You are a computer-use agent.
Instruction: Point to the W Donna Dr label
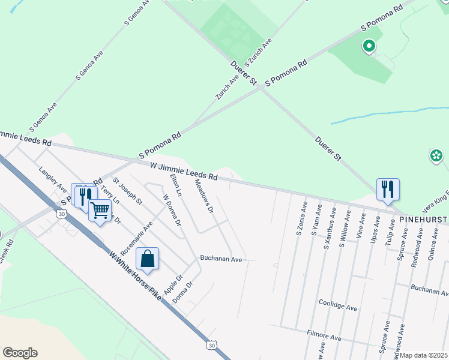[x=172, y=210]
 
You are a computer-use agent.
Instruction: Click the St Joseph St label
[x=127, y=191]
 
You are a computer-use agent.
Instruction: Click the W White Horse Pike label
[x=136, y=275]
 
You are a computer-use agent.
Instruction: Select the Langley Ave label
[x=53, y=179]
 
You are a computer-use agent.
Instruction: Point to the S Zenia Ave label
[x=301, y=220]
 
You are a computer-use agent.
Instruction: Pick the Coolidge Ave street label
[x=337, y=307]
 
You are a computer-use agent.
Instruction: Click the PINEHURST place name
[x=424, y=220]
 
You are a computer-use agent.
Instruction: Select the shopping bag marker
[x=148, y=259]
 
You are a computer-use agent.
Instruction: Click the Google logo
[x=20, y=353]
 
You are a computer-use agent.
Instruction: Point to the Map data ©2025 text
[x=424, y=355]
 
